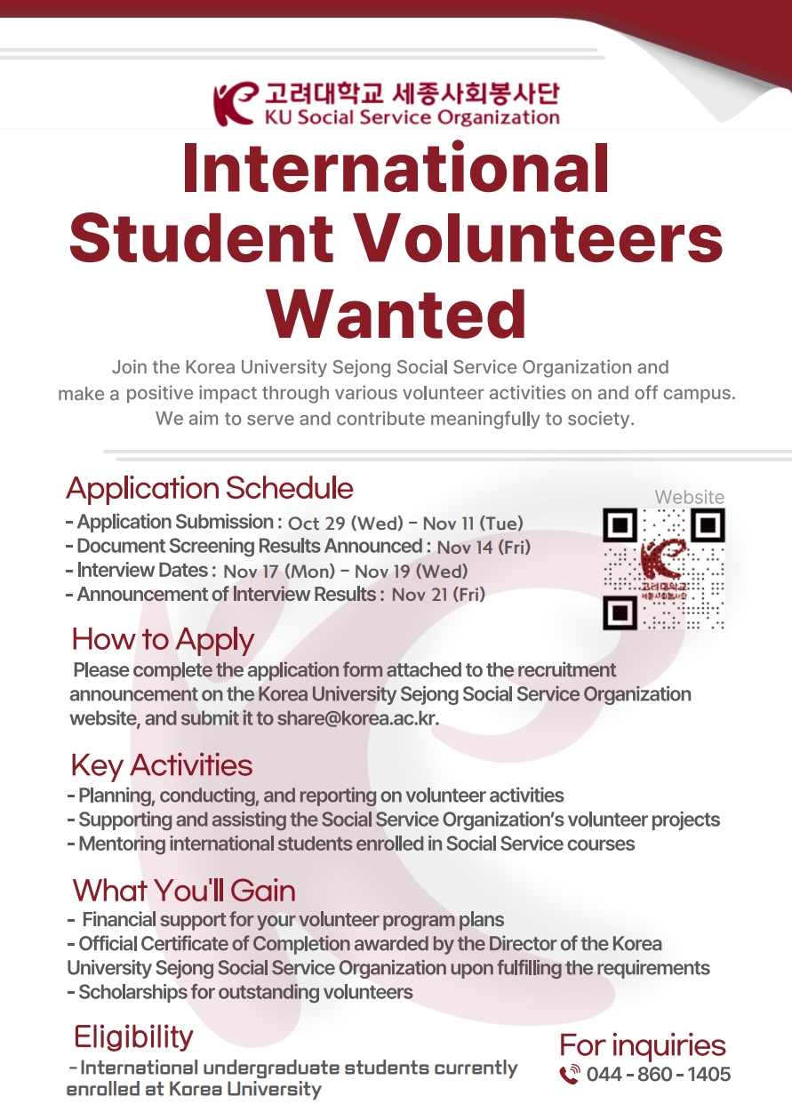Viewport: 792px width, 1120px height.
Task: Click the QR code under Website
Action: pyautogui.click(x=663, y=569)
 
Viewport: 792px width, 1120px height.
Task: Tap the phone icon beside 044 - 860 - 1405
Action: pyautogui.click(x=570, y=1075)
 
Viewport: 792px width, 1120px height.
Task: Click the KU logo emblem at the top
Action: pyautogui.click(x=234, y=104)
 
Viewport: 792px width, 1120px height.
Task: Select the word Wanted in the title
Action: pyautogui.click(x=396, y=314)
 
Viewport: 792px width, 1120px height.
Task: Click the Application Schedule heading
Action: pyautogui.click(x=210, y=488)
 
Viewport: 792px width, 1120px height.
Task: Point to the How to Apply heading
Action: pyautogui.click(x=163, y=639)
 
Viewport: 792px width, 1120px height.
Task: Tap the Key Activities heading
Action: pyautogui.click(x=161, y=765)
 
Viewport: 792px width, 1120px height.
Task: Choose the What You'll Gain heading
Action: pyautogui.click(x=184, y=890)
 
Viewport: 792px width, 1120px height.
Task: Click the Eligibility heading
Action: pyautogui.click(x=133, y=1036)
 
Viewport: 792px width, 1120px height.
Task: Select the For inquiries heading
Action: pyautogui.click(x=643, y=1045)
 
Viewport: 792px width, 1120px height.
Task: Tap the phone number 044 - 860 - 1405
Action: pyautogui.click(x=659, y=1075)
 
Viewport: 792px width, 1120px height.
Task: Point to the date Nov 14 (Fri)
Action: pyautogui.click(x=484, y=548)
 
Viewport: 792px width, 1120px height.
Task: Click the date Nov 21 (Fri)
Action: pyautogui.click(x=438, y=595)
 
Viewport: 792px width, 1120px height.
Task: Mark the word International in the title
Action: pyautogui.click(x=396, y=169)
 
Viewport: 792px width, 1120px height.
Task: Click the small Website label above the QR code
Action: pyautogui.click(x=690, y=497)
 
